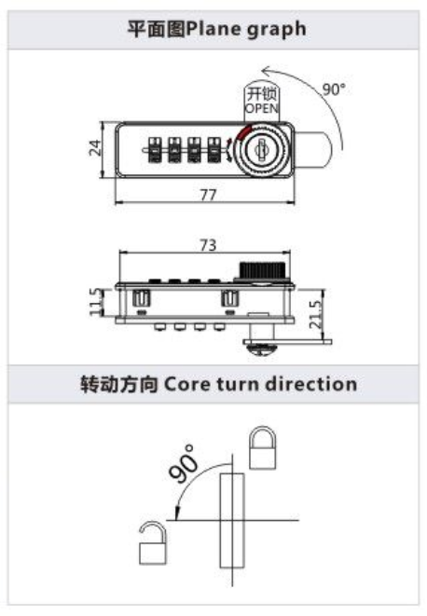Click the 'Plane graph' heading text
[246, 29]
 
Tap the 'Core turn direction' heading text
[260, 384]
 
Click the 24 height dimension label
[95, 148]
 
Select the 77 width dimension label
[208, 195]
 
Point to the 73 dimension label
[208, 245]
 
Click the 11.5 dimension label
[95, 301]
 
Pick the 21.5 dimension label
[315, 314]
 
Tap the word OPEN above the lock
[261, 108]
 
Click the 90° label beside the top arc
[334, 89]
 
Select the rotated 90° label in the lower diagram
[183, 463]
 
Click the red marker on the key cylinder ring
[243, 131]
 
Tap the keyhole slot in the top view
[260, 149]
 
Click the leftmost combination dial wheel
[154, 149]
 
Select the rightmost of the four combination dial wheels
[213, 149]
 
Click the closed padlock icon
[262, 448]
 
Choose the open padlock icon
[152, 543]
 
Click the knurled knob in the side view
[262, 270]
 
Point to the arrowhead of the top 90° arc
[266, 72]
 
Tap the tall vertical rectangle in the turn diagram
[231, 521]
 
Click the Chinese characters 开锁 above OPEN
[261, 94]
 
